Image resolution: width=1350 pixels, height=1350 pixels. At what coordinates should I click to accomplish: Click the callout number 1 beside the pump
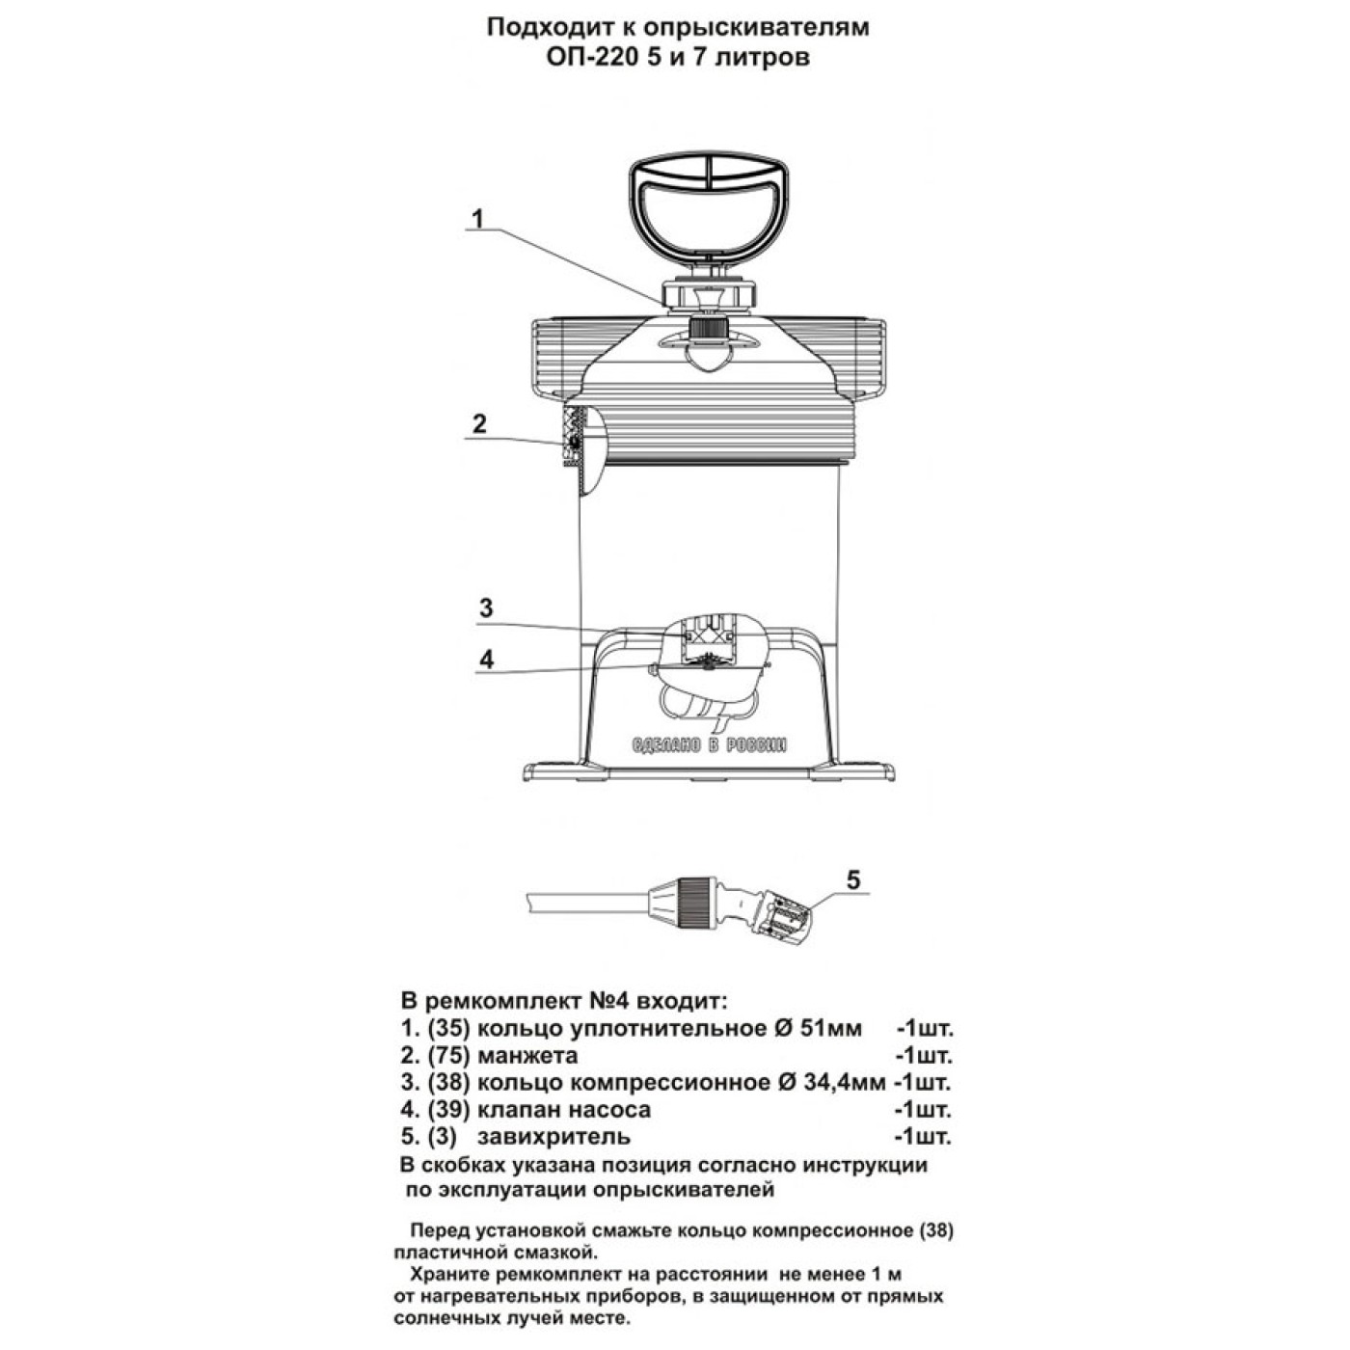point(477,219)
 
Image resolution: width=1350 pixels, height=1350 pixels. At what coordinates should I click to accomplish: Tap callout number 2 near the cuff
point(479,424)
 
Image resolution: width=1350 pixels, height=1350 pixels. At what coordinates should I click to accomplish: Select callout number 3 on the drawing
point(486,607)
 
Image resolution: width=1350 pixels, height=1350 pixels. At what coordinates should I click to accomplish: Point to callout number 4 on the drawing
point(486,659)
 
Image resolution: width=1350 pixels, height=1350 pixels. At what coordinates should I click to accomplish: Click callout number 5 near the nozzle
point(852,880)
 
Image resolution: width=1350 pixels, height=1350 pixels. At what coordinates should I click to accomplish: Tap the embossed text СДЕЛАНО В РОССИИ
point(709,744)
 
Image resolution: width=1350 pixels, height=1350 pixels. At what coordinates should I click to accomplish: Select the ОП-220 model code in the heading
point(590,56)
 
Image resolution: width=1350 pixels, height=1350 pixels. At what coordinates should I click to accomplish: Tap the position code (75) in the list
point(447,1055)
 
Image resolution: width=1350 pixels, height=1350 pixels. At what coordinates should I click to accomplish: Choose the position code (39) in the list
point(447,1109)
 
